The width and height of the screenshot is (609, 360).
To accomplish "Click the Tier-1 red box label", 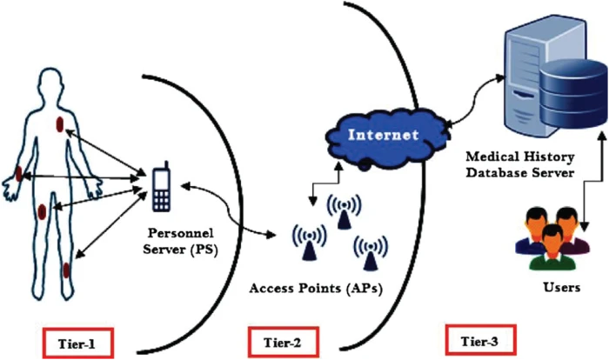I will click(78, 342).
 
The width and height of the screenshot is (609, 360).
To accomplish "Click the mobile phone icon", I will click(161, 186).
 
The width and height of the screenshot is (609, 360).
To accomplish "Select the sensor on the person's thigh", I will click(43, 210).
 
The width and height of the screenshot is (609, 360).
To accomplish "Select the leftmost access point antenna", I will click(310, 240).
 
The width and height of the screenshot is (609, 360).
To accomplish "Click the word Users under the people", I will click(554, 284).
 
